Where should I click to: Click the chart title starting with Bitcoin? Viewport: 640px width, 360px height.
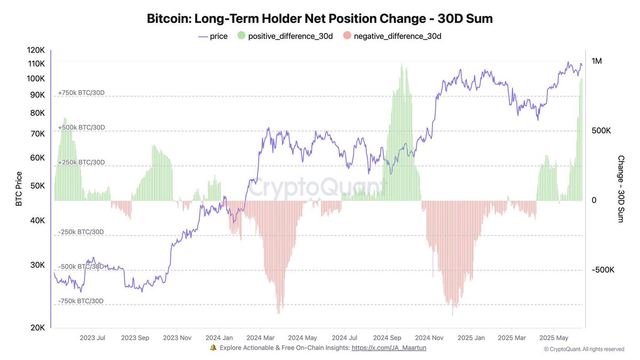pos(319,18)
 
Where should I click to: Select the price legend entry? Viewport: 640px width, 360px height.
pos(213,36)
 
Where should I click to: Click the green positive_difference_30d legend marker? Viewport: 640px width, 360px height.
pos(241,36)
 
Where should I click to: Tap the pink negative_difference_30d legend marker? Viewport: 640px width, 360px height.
pos(347,36)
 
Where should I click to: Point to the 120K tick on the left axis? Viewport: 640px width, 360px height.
pos(36,50)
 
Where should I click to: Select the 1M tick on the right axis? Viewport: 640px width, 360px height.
pos(597,61)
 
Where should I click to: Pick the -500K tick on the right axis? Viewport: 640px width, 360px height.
pos(603,270)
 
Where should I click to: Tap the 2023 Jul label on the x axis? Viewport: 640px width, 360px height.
pos(93,338)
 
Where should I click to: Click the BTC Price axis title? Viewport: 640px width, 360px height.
pos(19,189)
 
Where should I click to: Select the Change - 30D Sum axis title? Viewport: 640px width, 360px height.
pos(621,189)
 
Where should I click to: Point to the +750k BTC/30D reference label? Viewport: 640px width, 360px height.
pos(81,93)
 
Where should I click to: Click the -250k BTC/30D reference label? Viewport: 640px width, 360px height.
pos(81,232)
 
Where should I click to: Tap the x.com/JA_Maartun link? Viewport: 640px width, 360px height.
pos(389,348)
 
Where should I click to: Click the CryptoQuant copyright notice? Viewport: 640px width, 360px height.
pos(583,349)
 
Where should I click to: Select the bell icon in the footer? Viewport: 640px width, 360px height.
pos(213,348)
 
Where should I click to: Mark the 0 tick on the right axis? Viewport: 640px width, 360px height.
pos(594,200)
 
